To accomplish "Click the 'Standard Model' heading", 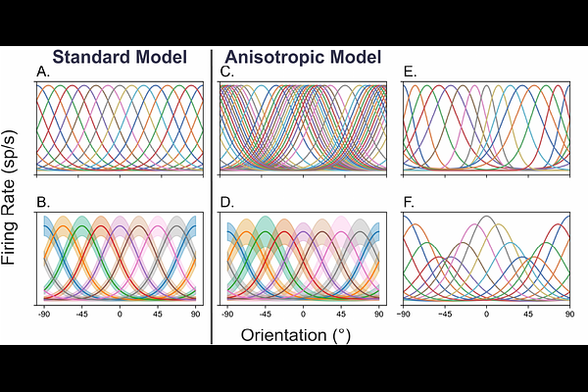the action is (x=120, y=57).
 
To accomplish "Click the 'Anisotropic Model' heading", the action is (x=303, y=57).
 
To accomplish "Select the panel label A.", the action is (x=43, y=72).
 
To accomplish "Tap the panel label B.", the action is (x=43, y=202).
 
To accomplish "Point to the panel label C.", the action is (x=227, y=72).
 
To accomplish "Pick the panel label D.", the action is (x=227, y=202).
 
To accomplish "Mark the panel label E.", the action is (x=411, y=72).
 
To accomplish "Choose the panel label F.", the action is (x=409, y=202).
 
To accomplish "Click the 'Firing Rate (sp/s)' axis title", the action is (x=9, y=197).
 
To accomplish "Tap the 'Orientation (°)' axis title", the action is (x=296, y=335).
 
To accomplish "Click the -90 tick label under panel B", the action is (x=44, y=314).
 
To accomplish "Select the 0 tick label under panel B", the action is (x=120, y=314).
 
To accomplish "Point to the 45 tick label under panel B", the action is (x=158, y=314).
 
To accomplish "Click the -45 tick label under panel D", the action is (x=266, y=314).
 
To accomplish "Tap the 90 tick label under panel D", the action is (x=379, y=314).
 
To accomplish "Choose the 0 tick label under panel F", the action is (x=486, y=314).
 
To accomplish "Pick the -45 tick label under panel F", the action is (x=445, y=314).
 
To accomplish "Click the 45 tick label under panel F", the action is (x=528, y=314).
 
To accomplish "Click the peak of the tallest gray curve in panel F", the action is (x=486, y=216).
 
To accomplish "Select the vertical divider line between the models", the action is (x=212, y=197).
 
